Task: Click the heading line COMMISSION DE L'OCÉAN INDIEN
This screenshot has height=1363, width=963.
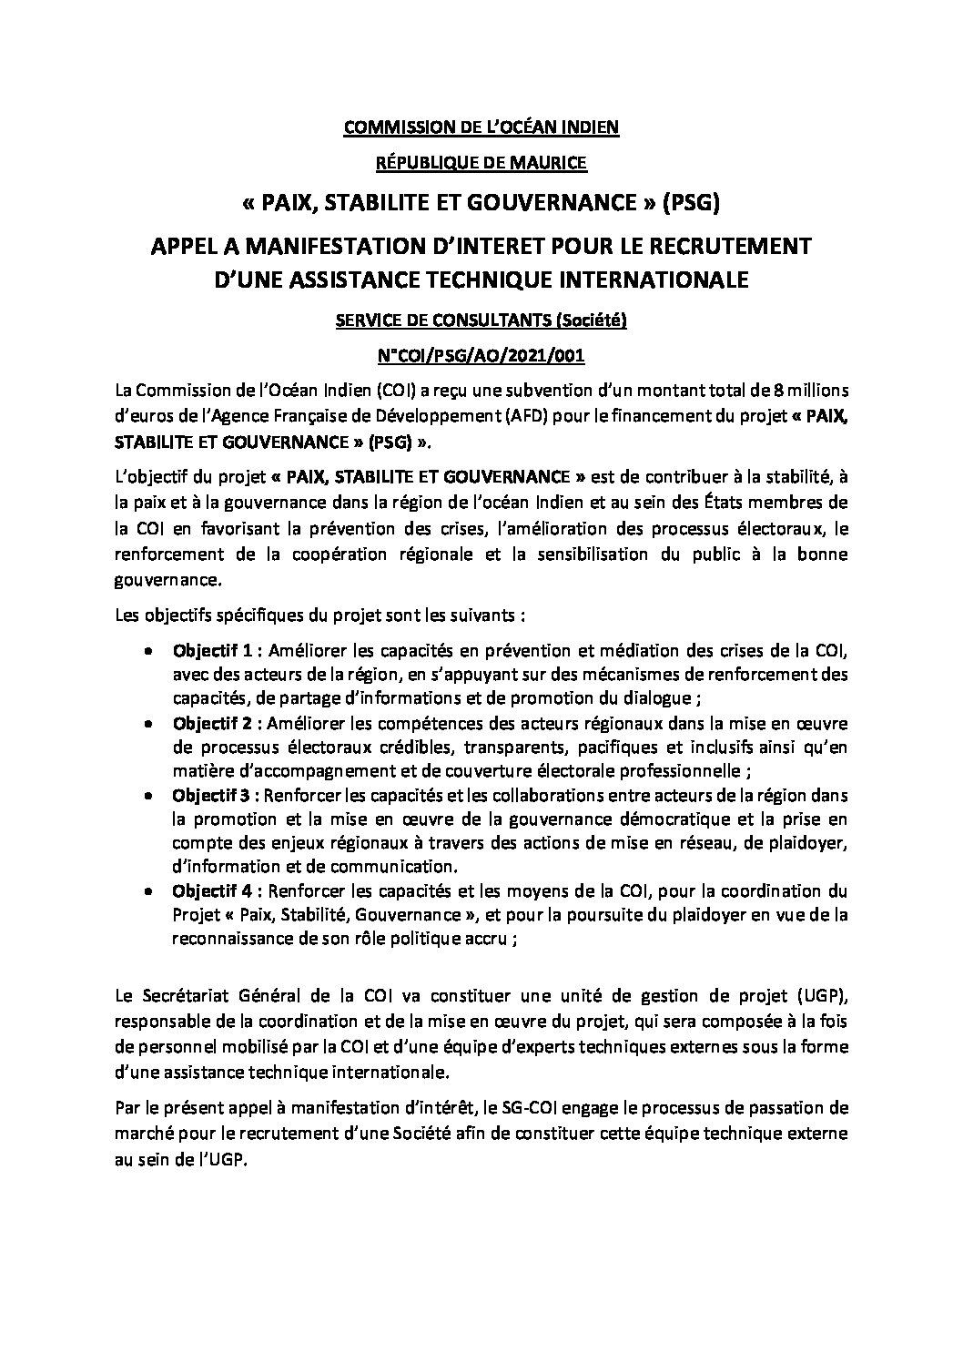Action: pyautogui.click(x=481, y=127)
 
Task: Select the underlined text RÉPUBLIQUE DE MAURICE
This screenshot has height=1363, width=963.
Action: pyautogui.click(x=481, y=164)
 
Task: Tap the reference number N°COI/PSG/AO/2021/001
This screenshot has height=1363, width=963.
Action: pyautogui.click(x=481, y=356)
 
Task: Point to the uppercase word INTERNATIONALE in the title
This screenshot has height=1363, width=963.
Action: pyautogui.click(x=644, y=280)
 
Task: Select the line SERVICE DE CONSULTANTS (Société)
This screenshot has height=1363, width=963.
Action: pyautogui.click(x=481, y=320)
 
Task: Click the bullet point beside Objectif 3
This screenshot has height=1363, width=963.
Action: pyautogui.click(x=148, y=795)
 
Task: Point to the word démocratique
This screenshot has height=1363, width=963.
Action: pyautogui.click(x=643, y=819)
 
